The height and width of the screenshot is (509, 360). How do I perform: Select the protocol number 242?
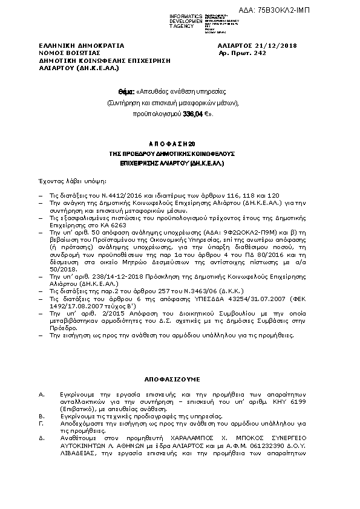(260, 53)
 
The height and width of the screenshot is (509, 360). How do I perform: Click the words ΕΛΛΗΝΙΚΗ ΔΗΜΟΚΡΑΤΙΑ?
(81, 45)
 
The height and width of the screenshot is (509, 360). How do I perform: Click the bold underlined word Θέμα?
(125, 91)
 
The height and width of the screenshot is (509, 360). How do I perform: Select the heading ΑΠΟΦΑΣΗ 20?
(172, 144)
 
